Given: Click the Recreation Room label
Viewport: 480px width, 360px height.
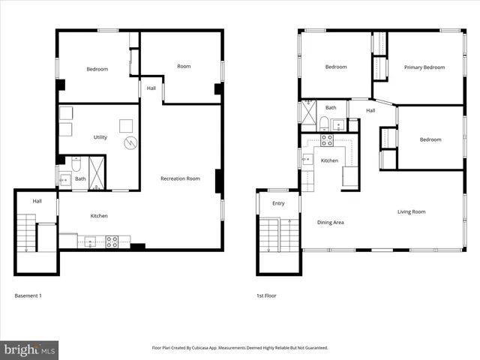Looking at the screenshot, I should tap(180, 178).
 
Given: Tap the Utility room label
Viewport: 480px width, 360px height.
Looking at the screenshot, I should tap(100, 137).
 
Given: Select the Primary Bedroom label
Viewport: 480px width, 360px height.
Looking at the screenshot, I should tap(424, 67).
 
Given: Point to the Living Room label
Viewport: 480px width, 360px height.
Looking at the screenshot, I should tap(411, 211).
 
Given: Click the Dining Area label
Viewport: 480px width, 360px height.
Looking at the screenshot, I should tap(331, 222).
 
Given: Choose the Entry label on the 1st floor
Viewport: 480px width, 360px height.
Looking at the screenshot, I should tap(278, 203).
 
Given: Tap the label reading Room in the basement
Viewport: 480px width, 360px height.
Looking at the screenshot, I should tap(184, 66).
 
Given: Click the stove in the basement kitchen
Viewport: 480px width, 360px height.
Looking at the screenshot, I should tap(112, 241).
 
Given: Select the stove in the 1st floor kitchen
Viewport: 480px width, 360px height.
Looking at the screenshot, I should tap(327, 139).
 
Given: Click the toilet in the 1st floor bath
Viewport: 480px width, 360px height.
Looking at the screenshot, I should tap(322, 124).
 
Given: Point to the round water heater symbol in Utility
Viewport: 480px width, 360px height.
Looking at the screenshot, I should tap(129, 141).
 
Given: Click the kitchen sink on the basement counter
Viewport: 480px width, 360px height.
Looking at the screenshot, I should tap(90, 241).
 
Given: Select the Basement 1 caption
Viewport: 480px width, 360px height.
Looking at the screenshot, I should tap(28, 295).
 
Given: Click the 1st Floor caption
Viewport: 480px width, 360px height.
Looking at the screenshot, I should tap(266, 295).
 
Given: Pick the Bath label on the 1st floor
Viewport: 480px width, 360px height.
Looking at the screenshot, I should tap(331, 107).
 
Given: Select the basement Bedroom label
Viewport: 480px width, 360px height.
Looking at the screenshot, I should tap(97, 69).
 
